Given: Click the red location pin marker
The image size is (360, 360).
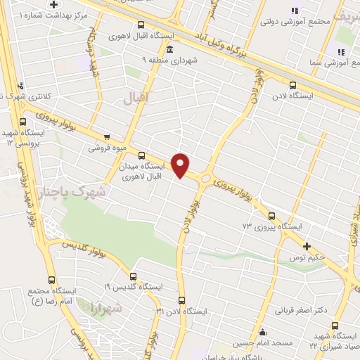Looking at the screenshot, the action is [181, 165].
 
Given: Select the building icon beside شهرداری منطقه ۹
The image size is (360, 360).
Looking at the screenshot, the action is [171, 49].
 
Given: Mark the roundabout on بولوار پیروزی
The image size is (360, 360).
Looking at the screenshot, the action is [205, 179].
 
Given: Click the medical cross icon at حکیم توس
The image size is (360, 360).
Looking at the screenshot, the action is [307, 246].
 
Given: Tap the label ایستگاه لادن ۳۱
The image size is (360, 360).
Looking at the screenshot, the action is [182, 311].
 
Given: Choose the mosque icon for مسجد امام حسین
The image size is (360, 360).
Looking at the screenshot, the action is [262, 333].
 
